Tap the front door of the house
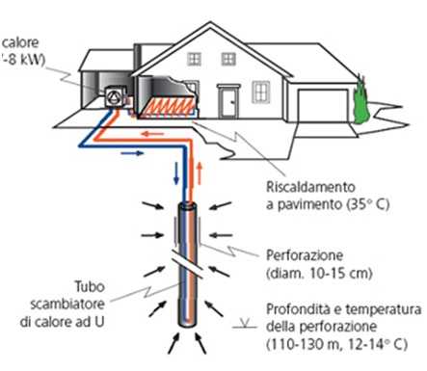(x=228, y=100)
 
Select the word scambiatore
(x=82, y=303)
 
